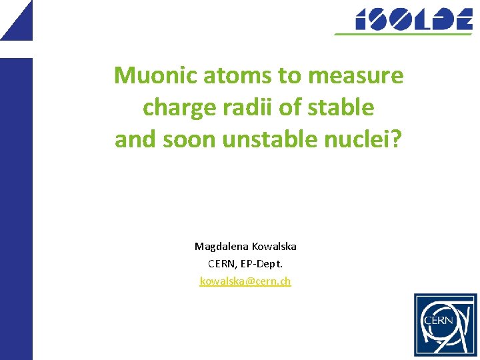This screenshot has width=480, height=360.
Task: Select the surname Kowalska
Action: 274,247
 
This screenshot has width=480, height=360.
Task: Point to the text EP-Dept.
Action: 264,264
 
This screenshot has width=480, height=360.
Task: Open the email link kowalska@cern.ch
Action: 245,281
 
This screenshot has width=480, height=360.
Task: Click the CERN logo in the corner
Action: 445,325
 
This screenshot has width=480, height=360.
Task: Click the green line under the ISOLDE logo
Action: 404,33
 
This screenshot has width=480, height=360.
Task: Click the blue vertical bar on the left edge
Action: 16,207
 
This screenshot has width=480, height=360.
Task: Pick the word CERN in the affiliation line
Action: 220,264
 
